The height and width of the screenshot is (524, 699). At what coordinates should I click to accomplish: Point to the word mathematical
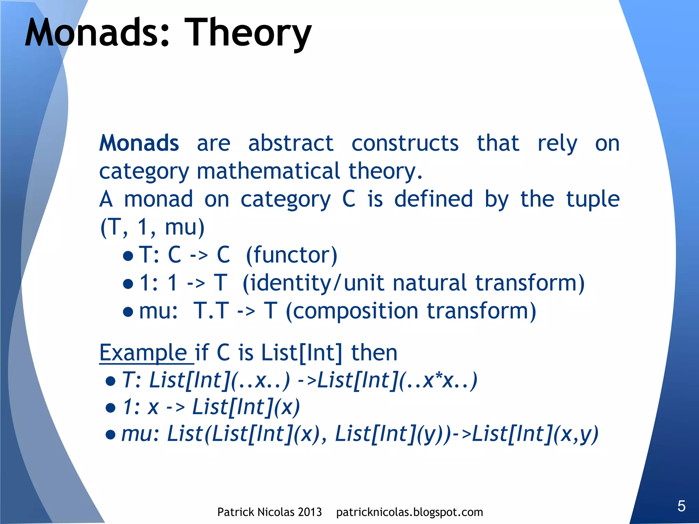[x=268, y=171]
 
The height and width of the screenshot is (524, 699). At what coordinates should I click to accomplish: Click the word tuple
[x=593, y=199]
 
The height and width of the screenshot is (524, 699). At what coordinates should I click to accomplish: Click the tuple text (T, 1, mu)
[x=152, y=227]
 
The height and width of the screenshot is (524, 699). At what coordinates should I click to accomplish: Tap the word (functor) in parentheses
[x=291, y=255]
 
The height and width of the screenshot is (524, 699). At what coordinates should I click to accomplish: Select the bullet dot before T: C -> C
[x=128, y=256]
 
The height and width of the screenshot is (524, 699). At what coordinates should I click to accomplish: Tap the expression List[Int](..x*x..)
[x=397, y=380]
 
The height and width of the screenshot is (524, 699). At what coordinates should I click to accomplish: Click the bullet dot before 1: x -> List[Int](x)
[x=110, y=408]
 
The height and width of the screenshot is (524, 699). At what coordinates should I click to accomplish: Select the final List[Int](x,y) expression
[x=535, y=434]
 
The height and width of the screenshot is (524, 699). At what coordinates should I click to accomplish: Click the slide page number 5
[x=681, y=506]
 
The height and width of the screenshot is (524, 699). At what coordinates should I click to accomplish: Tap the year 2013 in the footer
[x=310, y=512]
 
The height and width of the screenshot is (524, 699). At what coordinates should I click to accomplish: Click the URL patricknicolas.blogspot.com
[x=409, y=512]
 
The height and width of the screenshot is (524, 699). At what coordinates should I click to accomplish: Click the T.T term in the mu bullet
[x=211, y=311]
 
